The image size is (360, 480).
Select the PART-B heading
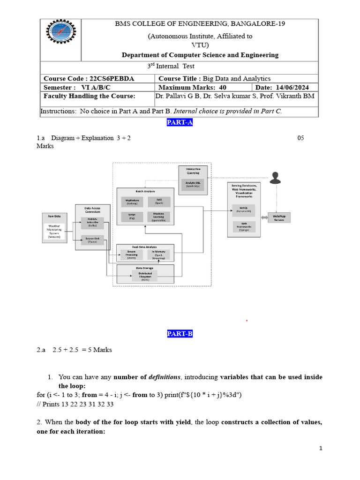tap(180, 334)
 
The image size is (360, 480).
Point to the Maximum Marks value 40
tap(222, 87)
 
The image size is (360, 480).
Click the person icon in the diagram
tap(275, 178)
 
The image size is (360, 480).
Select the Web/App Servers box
tap(279, 218)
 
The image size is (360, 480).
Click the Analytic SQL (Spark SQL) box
tap(192, 184)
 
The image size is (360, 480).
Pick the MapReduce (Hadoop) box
tap(131, 202)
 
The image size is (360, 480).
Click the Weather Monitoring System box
tap(54, 231)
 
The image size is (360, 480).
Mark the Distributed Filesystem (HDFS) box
tap(145, 276)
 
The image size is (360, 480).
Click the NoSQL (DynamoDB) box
tap(244, 209)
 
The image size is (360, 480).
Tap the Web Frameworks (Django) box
tap(244, 227)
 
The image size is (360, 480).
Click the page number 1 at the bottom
tap(321, 449)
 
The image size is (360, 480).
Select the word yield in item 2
tap(182, 422)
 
